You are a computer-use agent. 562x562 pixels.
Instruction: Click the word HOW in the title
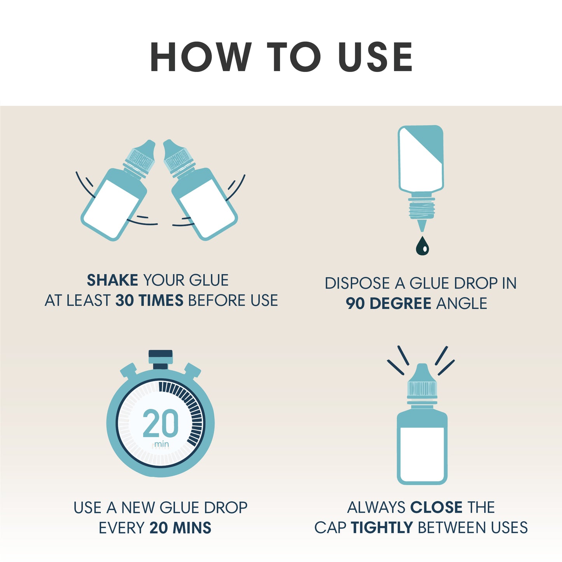pyautogui.click(x=201, y=57)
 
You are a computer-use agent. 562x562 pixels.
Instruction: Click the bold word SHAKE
pyautogui.click(x=112, y=280)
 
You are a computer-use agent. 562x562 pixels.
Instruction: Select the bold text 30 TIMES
pyautogui.click(x=149, y=301)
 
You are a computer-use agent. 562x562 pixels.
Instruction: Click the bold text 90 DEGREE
pyautogui.click(x=389, y=303)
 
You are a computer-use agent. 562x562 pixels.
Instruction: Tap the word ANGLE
pyautogui.click(x=462, y=303)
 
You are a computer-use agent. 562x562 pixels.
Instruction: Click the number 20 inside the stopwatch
pyautogui.click(x=161, y=423)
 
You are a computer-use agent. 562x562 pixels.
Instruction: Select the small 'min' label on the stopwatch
pyautogui.click(x=161, y=444)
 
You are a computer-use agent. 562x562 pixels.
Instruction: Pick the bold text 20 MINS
pyautogui.click(x=180, y=528)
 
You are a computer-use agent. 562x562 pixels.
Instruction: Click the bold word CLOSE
pyautogui.click(x=436, y=508)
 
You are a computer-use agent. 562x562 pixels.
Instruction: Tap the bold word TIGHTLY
pyautogui.click(x=382, y=528)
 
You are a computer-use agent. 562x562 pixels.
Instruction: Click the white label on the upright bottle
pyautogui.click(x=422, y=454)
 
